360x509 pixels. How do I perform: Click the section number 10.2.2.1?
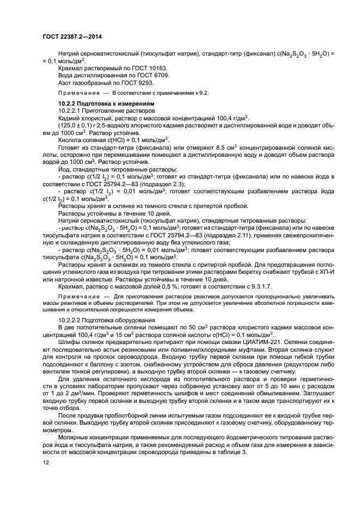click(x=70, y=111)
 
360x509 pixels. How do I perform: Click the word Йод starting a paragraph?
click(x=64, y=169)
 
